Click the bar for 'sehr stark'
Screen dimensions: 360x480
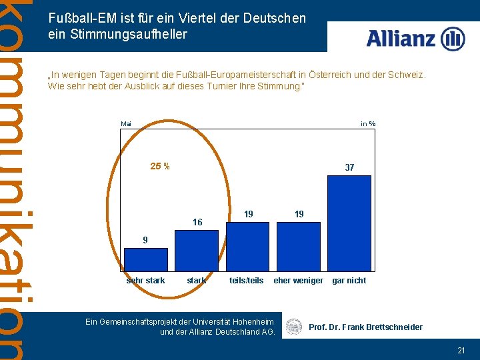tap(145, 259)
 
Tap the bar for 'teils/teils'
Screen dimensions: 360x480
tap(247, 246)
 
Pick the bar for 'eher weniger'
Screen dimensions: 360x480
tap(298, 246)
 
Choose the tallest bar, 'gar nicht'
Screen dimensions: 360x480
tap(349, 223)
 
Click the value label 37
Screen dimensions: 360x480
tap(349, 168)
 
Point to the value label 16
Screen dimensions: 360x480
tap(197, 223)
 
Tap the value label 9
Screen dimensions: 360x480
tap(145, 239)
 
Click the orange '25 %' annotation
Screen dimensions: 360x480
tap(159, 166)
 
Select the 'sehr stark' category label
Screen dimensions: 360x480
tap(145, 281)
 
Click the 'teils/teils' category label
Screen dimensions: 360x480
tap(247, 281)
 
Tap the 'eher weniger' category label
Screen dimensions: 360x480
tap(298, 281)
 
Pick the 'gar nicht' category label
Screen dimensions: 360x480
tap(349, 281)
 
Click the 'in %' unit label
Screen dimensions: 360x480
tap(368, 123)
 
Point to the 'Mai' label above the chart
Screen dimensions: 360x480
tap(126, 123)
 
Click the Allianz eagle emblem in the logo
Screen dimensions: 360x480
tap(453, 39)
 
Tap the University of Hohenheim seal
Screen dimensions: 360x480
tap(293, 327)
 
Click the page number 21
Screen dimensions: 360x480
tap(461, 350)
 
